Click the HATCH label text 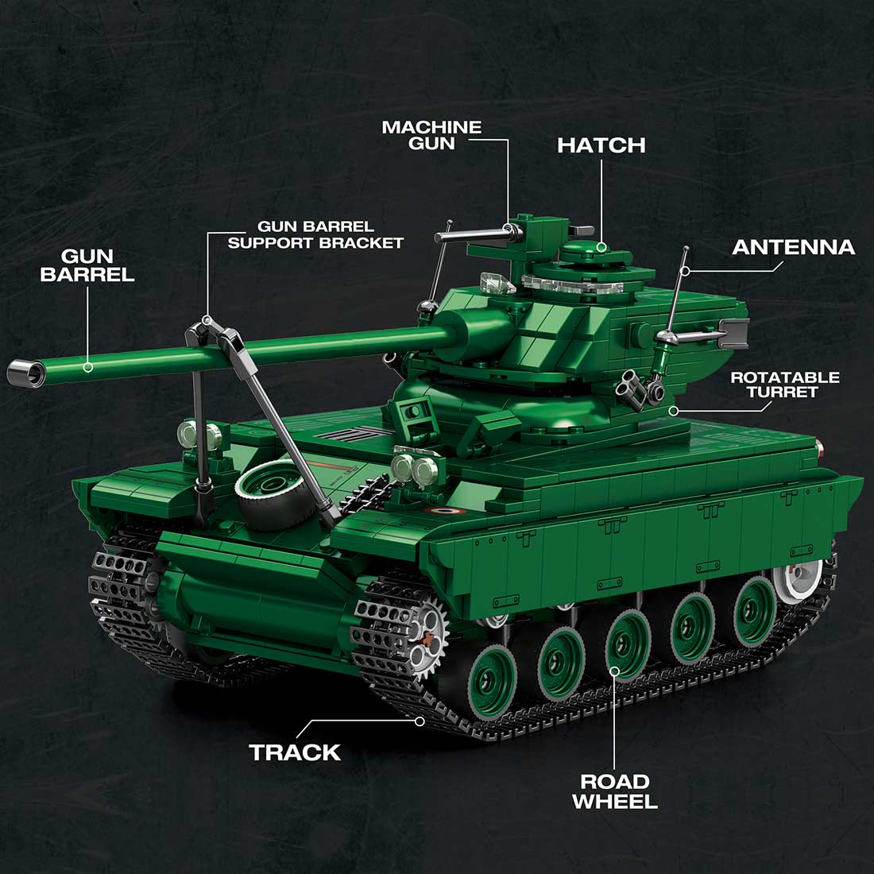click(x=601, y=145)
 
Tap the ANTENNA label click(x=793, y=247)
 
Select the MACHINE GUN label click(x=431, y=135)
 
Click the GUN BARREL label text click(x=87, y=265)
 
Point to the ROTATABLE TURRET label click(x=784, y=385)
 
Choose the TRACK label click(x=295, y=752)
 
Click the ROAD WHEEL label click(x=614, y=791)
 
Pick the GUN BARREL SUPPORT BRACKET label click(x=315, y=235)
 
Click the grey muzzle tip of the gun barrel click(x=24, y=371)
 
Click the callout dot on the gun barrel click(x=88, y=367)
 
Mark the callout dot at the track click(x=420, y=721)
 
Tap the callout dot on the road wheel click(x=616, y=670)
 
